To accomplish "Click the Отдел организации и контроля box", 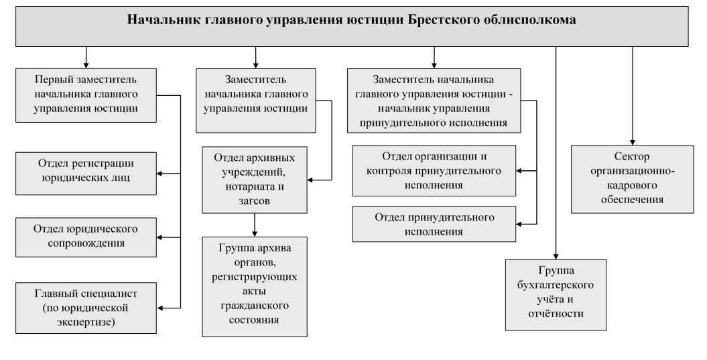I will pos(434,171).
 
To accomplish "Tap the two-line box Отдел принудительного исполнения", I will pos(434,225).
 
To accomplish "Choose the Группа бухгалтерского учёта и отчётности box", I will pos(556,294).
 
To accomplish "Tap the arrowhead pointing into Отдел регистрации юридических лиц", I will pos(160,174).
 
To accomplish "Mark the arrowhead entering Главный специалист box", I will pos(160,307).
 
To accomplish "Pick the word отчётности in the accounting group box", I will pos(556,313).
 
